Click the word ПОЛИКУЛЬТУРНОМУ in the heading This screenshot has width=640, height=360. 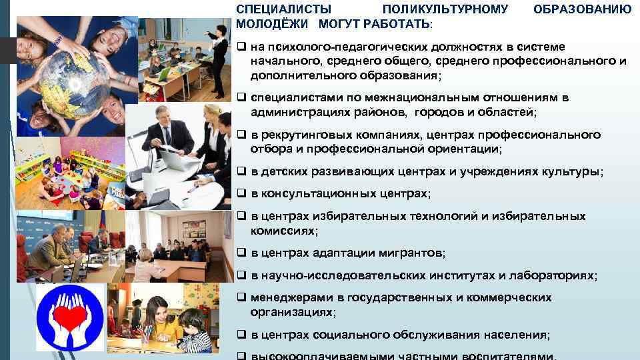coord(445,9)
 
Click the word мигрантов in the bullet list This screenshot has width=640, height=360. coord(409,253)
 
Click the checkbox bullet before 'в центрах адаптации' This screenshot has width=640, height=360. coord(241,253)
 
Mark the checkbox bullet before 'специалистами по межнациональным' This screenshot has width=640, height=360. coord(241,97)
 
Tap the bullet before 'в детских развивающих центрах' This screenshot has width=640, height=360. coord(241,171)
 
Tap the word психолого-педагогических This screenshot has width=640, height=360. coord(331,46)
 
